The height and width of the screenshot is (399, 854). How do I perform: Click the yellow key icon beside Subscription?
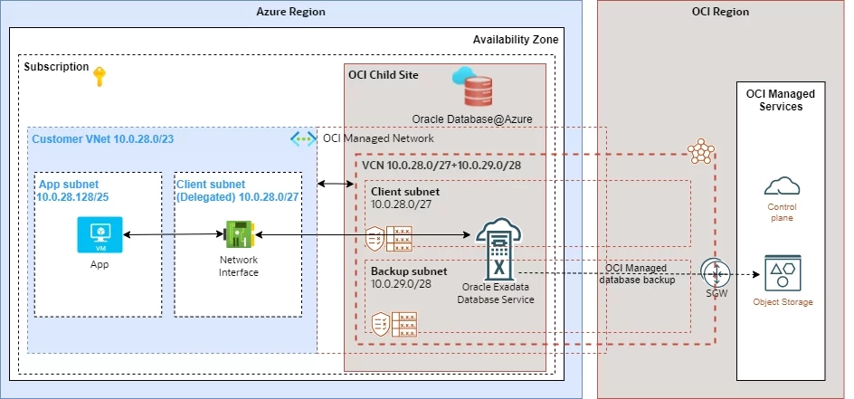99,78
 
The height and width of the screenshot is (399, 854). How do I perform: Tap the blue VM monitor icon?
99,235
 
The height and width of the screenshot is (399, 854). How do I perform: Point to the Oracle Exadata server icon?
497,249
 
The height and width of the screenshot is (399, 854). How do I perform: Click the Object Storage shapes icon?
783,273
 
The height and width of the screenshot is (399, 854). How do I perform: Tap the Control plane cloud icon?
783,186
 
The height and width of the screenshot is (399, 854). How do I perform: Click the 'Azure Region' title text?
290,12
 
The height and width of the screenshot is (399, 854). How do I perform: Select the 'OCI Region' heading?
722,12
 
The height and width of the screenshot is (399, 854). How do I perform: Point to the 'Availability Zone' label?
516,40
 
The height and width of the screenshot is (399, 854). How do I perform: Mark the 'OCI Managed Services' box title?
781,100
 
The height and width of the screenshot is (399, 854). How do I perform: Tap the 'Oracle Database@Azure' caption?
472,119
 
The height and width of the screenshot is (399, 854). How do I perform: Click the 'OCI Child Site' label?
384,74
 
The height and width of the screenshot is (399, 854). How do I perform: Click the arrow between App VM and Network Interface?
171,235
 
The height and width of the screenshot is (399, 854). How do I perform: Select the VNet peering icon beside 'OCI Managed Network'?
302,138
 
